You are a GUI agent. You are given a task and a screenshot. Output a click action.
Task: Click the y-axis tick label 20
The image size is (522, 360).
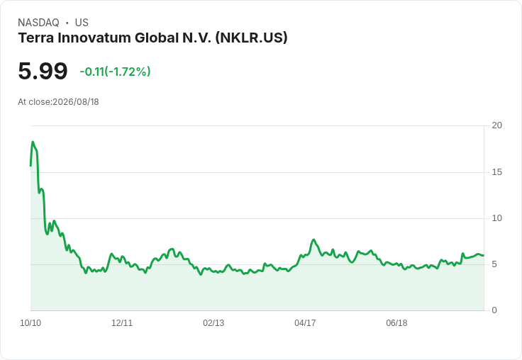coord(496,125)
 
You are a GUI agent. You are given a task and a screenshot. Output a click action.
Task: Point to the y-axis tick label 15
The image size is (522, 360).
coord(496,172)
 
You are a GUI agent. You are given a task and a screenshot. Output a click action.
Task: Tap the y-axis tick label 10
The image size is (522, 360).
coord(496,218)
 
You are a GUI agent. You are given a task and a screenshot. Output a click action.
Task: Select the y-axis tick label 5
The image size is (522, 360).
coord(494,264)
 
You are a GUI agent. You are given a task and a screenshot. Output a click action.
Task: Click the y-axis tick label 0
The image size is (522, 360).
coord(494,310)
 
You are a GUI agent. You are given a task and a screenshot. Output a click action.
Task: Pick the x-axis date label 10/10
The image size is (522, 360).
coord(30,323)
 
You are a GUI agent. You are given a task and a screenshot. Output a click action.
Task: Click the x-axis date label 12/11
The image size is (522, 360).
coord(122,323)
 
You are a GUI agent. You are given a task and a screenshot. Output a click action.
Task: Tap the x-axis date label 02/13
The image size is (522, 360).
coord(213,323)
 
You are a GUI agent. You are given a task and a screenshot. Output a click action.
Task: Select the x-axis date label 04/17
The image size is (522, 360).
coord(305,323)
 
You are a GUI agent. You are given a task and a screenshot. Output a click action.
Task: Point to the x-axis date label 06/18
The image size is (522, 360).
coord(396,323)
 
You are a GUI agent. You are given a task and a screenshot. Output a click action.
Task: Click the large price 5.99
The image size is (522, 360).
coord(43,71)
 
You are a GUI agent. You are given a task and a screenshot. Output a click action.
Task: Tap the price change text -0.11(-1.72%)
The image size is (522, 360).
coord(115,72)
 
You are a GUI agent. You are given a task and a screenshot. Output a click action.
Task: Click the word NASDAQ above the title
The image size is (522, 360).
coord(38,23)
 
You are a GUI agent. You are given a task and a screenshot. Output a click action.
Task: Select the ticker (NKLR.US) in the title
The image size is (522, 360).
coord(251,38)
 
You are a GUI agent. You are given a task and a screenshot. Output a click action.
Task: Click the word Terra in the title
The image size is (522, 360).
coord(36,38)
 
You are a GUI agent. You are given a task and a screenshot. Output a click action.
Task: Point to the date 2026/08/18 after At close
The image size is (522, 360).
coord(76,102)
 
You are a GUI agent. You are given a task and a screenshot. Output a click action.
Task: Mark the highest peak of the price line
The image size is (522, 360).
coord(33,142)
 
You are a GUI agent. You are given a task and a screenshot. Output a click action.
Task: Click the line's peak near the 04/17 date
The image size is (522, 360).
coord(313,240)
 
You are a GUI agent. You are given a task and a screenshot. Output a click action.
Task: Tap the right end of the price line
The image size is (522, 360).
coord(484,256)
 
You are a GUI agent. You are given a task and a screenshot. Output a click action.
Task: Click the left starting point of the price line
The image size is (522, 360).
coord(30,166)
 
